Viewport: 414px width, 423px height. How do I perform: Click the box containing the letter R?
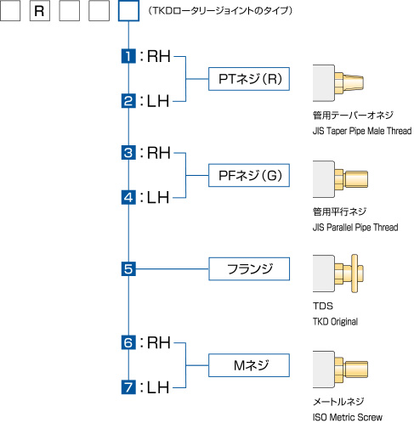(x=40, y=11)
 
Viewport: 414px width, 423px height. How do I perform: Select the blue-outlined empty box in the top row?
(x=128, y=11)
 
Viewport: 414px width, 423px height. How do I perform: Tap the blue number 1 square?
(x=128, y=56)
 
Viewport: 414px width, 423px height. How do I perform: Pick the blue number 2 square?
(x=128, y=101)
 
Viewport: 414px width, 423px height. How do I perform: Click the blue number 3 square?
(x=128, y=153)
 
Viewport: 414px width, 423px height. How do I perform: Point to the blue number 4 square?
(x=128, y=197)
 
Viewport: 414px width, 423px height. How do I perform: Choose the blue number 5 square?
(x=128, y=268)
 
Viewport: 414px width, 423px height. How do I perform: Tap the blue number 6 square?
(x=128, y=342)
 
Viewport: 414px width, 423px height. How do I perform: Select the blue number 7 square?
(x=128, y=387)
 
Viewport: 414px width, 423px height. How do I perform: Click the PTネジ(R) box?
(x=249, y=79)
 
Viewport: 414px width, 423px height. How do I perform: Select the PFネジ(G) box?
(x=249, y=175)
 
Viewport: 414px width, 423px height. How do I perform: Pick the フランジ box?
(x=249, y=269)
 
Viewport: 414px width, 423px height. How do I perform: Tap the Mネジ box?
(x=249, y=365)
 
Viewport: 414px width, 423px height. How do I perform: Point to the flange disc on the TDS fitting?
(x=354, y=274)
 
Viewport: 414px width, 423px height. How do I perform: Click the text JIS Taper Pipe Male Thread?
(x=362, y=131)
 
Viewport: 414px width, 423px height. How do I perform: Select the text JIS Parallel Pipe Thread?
(x=355, y=228)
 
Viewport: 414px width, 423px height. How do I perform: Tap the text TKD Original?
(x=335, y=322)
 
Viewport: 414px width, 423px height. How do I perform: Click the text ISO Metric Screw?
(x=348, y=417)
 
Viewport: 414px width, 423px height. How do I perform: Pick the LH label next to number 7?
(x=158, y=387)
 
